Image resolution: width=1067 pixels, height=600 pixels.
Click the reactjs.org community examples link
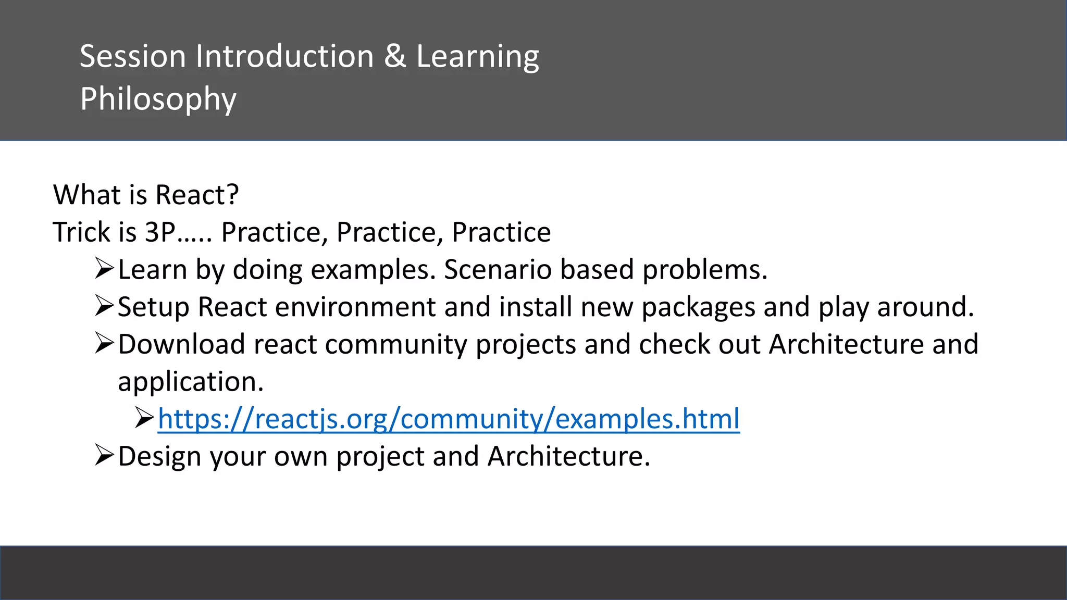click(448, 419)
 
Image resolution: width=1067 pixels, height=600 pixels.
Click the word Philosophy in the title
click(158, 99)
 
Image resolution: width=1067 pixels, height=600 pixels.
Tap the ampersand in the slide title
click(395, 56)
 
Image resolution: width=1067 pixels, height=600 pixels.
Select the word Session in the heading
click(132, 56)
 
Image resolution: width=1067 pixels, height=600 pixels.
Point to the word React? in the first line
click(197, 195)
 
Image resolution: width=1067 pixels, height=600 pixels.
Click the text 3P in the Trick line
click(160, 232)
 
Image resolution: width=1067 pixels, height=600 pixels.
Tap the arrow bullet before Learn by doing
click(104, 269)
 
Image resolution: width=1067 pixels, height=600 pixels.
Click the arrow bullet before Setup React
click(104, 306)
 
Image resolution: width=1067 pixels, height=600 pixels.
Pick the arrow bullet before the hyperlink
click(144, 418)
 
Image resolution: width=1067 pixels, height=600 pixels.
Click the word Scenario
click(498, 270)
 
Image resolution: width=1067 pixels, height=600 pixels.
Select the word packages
click(698, 308)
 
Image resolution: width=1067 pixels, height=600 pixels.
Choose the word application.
click(190, 382)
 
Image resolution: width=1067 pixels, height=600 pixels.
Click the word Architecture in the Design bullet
click(568, 456)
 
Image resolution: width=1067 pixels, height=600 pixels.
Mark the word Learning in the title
click(477, 57)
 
